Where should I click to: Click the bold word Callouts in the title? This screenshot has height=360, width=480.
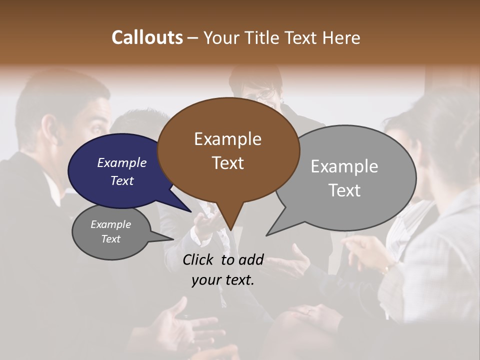pyautogui.click(x=147, y=37)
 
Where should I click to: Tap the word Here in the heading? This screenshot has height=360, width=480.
pyautogui.click(x=341, y=37)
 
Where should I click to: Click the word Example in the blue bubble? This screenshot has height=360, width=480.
pyautogui.click(x=121, y=162)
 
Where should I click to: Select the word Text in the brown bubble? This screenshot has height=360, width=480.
pyautogui.click(x=228, y=163)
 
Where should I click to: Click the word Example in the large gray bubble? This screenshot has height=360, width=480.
pyautogui.click(x=344, y=166)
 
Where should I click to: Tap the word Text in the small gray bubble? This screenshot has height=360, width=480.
pyautogui.click(x=110, y=239)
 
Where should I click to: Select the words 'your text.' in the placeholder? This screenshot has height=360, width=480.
pyautogui.click(x=223, y=280)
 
